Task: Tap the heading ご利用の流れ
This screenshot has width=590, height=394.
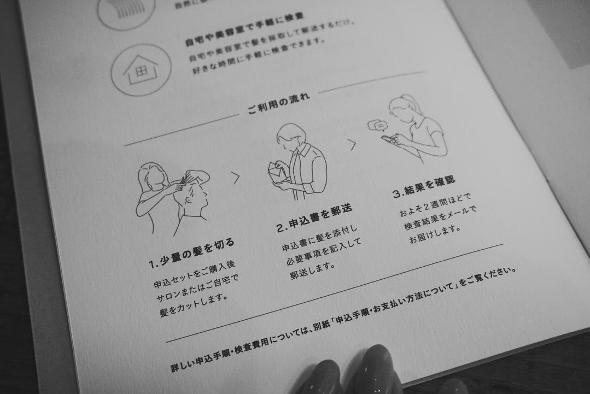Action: point(278,103)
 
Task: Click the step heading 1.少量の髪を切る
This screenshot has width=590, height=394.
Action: point(191,252)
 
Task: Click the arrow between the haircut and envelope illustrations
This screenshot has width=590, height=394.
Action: point(236,177)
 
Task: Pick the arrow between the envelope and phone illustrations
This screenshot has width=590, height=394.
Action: point(352,145)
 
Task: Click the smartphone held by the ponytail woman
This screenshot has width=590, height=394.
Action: point(389,139)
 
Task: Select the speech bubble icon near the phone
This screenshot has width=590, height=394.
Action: point(376,126)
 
